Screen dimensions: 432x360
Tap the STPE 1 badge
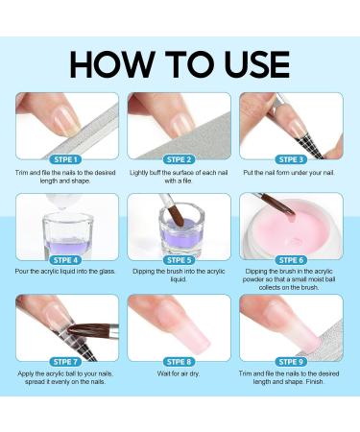[x=67, y=158]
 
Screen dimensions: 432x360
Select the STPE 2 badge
[x=180, y=158]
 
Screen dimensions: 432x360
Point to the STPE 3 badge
[x=292, y=158]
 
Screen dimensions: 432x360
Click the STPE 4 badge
[x=67, y=259]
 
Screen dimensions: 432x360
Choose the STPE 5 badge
[x=180, y=259]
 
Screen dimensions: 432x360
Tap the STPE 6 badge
[x=292, y=259]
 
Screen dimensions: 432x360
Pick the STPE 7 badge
[x=67, y=360]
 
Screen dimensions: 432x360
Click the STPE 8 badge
[x=180, y=360]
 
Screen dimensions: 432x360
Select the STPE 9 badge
[x=292, y=360]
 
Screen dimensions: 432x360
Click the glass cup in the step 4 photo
[x=63, y=230]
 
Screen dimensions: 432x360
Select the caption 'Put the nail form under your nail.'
[x=292, y=172]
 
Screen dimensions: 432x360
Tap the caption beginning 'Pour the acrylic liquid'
[x=67, y=273]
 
